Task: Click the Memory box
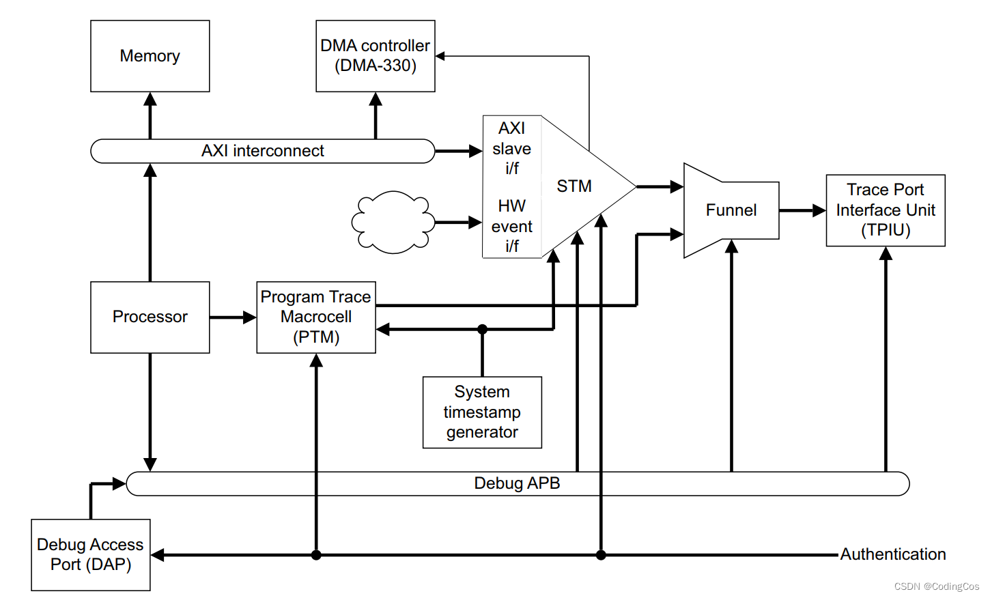(150, 56)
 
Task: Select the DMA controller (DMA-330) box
(375, 56)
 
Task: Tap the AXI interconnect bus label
(262, 151)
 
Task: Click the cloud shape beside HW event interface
(393, 222)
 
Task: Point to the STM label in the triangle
(574, 186)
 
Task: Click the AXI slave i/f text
(511, 148)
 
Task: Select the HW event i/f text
(511, 226)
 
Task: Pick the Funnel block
(731, 210)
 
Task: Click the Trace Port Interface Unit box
(885, 210)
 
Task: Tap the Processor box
(150, 317)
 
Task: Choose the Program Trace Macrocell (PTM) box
(315, 317)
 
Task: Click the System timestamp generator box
(482, 412)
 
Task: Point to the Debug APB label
(517, 483)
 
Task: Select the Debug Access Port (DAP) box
(90, 554)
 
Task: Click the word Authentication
(892, 554)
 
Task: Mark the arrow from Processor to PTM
(233, 317)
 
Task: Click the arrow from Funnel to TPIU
(802, 210)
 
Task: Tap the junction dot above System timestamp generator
(482, 330)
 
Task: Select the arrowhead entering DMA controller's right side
(441, 56)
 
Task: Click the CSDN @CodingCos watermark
(936, 586)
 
